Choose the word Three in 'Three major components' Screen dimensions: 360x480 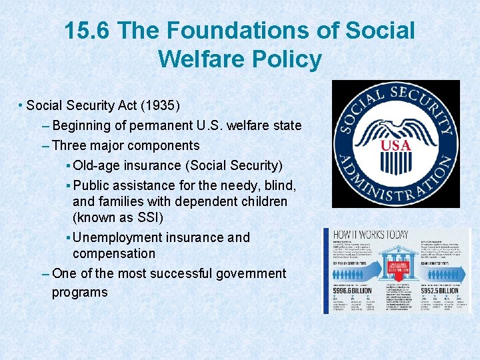click(x=70, y=145)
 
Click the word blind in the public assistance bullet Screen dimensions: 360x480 click(x=279, y=185)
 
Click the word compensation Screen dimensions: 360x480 click(x=114, y=253)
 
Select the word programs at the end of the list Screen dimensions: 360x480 click(x=79, y=293)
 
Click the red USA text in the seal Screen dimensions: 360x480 click(x=395, y=146)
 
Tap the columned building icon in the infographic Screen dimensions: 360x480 click(x=396, y=264)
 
